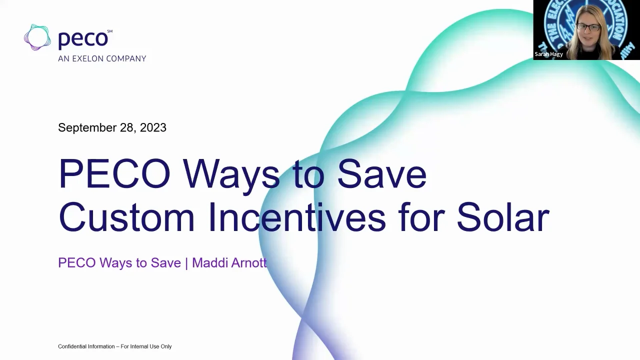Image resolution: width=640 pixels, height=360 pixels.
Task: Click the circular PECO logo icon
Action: click(x=37, y=37)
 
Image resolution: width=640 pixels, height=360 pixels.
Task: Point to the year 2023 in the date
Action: click(x=153, y=127)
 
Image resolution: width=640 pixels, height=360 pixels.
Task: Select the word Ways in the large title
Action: click(x=231, y=174)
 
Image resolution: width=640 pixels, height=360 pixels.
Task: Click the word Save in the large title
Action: click(x=381, y=174)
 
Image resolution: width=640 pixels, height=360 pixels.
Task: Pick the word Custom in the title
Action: click(x=126, y=218)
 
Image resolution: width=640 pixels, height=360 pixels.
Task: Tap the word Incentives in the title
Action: click(x=297, y=218)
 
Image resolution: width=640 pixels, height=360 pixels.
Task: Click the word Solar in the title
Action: click(x=502, y=218)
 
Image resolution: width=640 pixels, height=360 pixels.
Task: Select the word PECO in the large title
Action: click(x=114, y=174)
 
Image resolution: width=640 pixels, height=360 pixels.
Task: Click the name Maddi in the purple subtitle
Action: click(x=207, y=262)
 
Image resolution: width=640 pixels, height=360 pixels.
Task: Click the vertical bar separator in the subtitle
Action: click(x=186, y=263)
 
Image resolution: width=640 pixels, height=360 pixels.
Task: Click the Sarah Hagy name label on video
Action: click(x=548, y=54)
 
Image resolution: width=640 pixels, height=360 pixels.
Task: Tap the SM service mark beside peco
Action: click(x=110, y=31)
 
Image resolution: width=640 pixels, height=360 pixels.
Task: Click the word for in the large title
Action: click(x=421, y=218)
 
